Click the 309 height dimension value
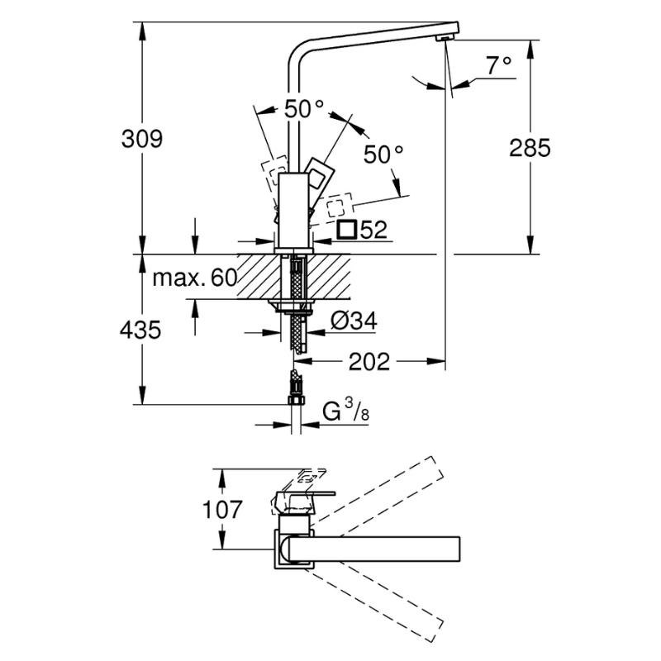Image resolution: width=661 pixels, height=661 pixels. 141,139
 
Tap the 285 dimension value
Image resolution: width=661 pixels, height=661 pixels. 530,148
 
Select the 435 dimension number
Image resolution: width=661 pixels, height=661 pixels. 140,330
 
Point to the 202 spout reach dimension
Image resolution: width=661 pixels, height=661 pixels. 369,362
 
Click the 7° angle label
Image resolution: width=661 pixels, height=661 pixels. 499,65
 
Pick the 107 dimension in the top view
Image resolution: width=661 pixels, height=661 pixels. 222,509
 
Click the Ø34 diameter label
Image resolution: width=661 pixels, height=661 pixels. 354,321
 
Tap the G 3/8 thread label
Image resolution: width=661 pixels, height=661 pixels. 346,411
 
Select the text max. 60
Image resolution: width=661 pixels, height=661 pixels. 195,278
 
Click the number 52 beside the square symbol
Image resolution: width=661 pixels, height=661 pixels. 373,230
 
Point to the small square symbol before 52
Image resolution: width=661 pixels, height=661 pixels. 347,230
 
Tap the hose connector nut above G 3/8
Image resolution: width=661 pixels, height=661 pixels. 296,400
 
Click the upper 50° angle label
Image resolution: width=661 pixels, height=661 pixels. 304,109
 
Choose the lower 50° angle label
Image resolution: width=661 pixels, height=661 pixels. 383,154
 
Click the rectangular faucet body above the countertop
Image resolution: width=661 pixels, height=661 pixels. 295,210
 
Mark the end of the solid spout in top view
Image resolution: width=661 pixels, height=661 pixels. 459,549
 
